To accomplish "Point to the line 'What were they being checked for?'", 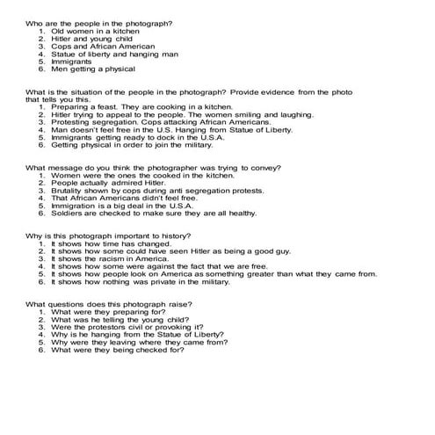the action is click(x=117, y=350).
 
